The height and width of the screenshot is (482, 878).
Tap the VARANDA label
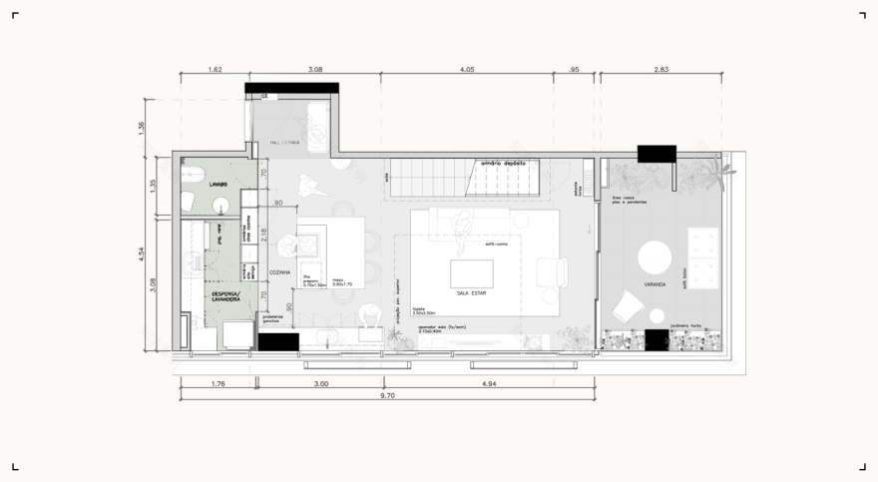point(656,284)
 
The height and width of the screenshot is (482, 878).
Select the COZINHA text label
point(279,271)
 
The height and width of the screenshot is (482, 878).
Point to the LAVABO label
point(219,185)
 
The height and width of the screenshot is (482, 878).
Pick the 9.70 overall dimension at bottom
point(387,395)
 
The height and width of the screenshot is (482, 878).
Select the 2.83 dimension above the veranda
point(661,70)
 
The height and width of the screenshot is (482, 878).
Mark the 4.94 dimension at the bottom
point(489,383)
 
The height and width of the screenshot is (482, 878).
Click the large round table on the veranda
point(657,257)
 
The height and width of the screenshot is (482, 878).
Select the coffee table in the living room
point(471,272)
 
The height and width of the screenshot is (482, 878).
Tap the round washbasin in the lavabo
point(221,207)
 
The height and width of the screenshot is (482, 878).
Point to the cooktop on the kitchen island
point(310,242)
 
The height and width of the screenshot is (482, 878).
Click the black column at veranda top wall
point(658,153)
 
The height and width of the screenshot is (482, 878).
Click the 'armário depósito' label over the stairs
point(504,163)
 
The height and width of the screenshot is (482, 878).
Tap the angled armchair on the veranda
point(628,305)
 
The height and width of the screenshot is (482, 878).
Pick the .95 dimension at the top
point(573,70)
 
